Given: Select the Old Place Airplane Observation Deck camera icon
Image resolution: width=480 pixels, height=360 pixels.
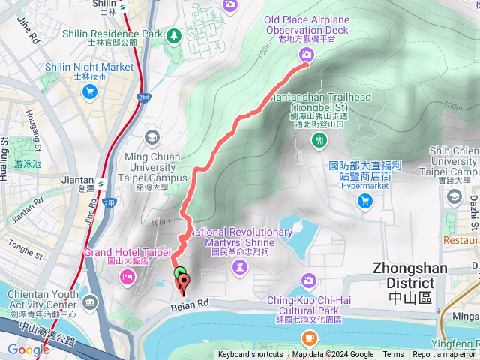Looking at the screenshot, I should pos(306,53).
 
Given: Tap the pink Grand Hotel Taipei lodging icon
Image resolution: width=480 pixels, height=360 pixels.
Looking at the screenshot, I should pos(127,278).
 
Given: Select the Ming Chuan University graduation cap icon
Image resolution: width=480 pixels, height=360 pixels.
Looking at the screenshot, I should pos(152,137).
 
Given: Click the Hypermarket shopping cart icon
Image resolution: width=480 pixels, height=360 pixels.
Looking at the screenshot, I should pos(365,200).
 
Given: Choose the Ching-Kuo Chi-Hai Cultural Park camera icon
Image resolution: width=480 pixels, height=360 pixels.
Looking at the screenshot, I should pos(309,280).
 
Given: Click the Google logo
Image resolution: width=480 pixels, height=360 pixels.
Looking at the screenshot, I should pos(28,349).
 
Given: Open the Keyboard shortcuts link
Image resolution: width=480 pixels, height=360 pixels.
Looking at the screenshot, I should pos(250,355).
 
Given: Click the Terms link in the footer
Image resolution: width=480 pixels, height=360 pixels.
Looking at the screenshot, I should pos(393,355).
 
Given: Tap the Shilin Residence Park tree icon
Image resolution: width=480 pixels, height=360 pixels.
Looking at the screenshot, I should pos(175,34).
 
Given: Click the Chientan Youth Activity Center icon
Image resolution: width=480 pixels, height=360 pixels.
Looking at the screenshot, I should pos(91,303).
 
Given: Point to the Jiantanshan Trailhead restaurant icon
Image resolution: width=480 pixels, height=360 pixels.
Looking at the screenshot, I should pos(321,139).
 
